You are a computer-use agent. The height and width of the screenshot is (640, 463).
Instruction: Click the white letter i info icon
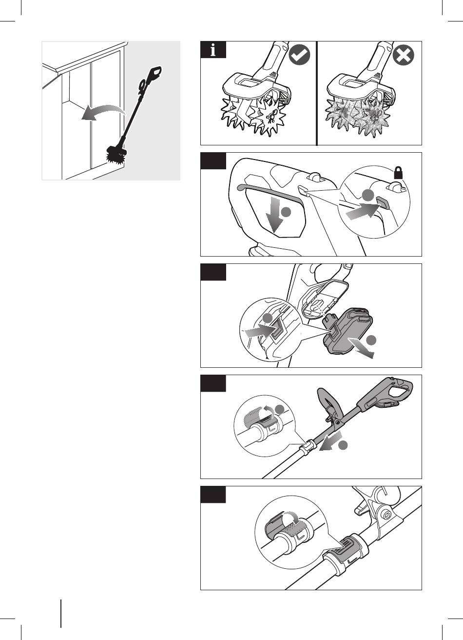pos(213,50)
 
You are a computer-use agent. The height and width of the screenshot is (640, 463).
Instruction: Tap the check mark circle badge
pos(299,57)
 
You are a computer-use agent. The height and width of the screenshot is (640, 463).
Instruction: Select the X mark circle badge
pos(404,57)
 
